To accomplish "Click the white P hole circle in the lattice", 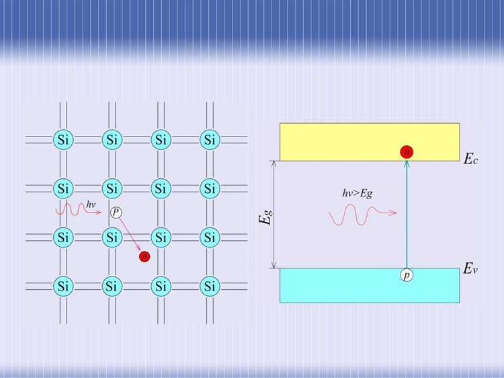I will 116,213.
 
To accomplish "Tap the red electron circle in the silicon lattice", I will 144,256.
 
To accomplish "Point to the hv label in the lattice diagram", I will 91,203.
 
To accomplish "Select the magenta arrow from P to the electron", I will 130,234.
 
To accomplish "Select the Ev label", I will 470,269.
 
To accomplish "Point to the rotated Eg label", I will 267,217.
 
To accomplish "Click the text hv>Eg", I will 357,192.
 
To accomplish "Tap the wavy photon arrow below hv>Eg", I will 362,215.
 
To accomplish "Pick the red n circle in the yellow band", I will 407,151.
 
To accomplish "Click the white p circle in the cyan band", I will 407,275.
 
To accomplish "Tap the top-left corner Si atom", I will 64,140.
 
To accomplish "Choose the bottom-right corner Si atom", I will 210,287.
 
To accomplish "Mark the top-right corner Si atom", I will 210,140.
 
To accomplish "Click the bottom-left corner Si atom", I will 64,287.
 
